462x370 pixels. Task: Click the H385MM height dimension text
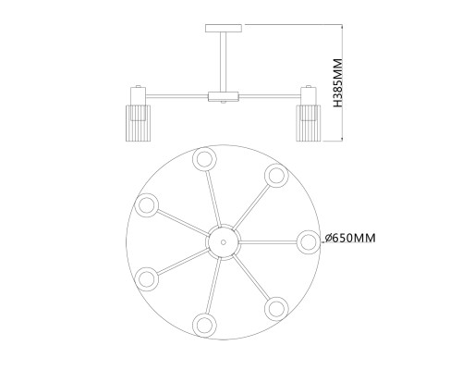coord(338,83)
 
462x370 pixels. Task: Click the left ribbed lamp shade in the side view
coord(138,122)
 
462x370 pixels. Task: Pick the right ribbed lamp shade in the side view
coord(309,122)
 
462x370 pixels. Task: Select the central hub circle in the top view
coord(223,240)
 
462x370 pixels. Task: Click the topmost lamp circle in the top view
coord(203,158)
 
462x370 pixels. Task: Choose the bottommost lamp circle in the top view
coord(203,323)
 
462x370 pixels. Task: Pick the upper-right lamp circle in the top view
coord(275,175)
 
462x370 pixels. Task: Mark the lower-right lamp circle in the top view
coord(275,306)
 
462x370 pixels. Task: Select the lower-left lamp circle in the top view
coord(145,277)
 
